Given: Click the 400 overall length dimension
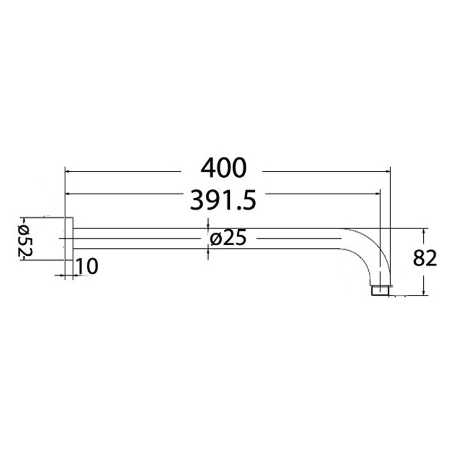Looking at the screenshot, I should pyautogui.click(x=223, y=169).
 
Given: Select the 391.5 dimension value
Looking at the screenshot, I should pyautogui.click(x=223, y=200).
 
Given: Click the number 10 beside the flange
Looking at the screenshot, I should pyautogui.click(x=86, y=266).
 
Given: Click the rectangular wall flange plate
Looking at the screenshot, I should pyautogui.click(x=68, y=239).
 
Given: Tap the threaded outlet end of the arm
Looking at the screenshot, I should pyautogui.click(x=380, y=291).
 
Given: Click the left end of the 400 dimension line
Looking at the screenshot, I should pyautogui.click(x=66, y=171).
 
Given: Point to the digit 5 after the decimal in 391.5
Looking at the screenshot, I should pyautogui.click(x=249, y=200).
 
